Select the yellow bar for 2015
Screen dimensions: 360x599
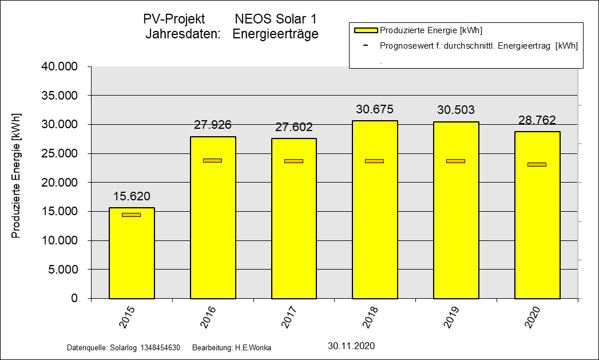point(132,258)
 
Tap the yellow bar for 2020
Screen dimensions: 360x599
point(537,229)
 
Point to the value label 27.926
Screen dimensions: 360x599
point(213,125)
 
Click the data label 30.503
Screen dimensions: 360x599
point(456,110)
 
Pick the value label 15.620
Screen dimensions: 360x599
point(132,196)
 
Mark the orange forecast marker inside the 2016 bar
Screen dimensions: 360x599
point(212,160)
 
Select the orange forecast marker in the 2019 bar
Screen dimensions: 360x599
point(456,161)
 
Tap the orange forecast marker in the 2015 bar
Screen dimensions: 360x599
point(131,215)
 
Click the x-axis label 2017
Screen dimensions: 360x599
point(291,318)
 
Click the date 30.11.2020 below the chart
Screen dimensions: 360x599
point(351,346)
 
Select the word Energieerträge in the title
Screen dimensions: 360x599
point(275,34)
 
